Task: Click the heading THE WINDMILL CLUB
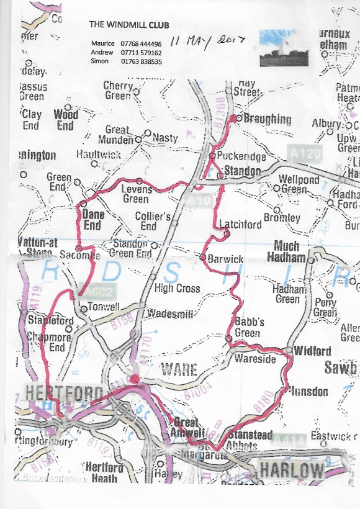point(129,25)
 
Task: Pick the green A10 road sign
point(198,201)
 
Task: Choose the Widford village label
point(312,351)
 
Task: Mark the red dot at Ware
point(135,378)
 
